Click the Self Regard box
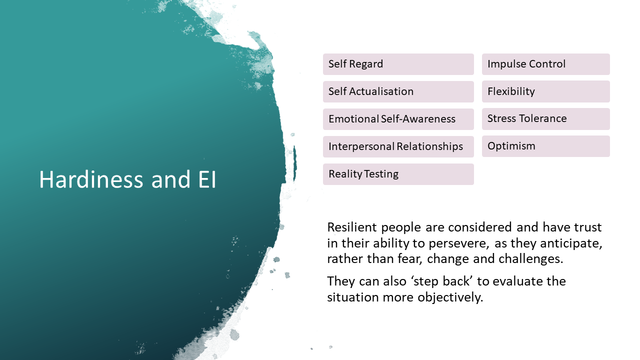[398, 64]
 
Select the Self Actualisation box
[398, 91]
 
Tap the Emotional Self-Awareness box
[398, 119]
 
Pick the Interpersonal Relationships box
[398, 146]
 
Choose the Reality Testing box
[398, 174]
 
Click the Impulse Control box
[545, 64]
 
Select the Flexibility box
[545, 91]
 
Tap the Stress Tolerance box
[545, 118]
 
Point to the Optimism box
[545, 146]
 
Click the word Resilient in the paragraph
[352, 227]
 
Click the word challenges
[535, 259]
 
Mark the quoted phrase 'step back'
[444, 281]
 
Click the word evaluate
[520, 281]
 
